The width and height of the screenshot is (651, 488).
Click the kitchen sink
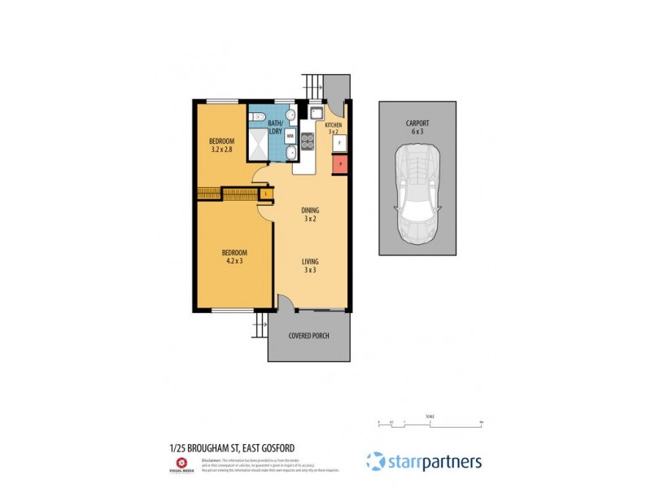310,114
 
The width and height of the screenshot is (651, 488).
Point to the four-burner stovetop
309,142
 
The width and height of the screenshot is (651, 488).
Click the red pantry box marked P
340,166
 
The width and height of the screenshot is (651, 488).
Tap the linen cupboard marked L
267,194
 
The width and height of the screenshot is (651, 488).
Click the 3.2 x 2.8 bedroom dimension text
222,150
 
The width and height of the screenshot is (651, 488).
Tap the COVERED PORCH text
309,335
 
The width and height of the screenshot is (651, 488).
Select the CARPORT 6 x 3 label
416,127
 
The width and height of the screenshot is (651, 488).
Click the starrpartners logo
424,461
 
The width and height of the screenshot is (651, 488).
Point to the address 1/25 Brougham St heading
221,447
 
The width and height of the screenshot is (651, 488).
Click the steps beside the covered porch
260,327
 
